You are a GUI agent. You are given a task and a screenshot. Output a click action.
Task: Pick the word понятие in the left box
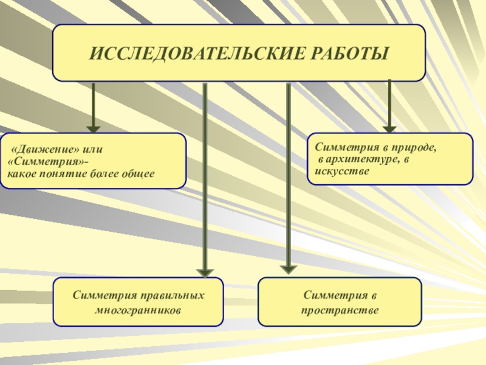coord(63,174)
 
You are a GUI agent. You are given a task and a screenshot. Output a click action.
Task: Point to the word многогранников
coord(139,310)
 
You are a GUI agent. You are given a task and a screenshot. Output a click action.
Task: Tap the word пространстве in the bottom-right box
coord(340,310)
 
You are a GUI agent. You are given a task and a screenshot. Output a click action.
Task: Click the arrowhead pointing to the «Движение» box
coord(93,128)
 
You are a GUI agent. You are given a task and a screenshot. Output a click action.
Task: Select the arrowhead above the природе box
coord(389,128)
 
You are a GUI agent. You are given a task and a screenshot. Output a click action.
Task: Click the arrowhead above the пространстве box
coord(288,268)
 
